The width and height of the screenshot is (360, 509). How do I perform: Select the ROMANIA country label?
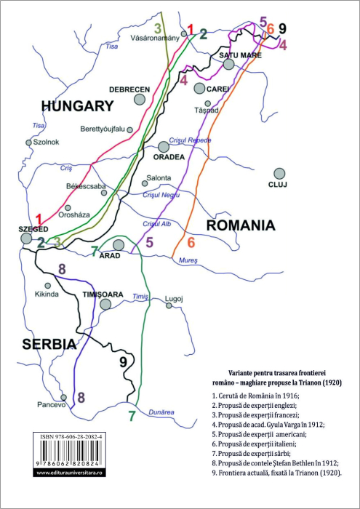pos(241,225)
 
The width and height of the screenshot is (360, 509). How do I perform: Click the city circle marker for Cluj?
pos(279,173)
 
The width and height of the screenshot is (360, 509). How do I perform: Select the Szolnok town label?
pos(46,142)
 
